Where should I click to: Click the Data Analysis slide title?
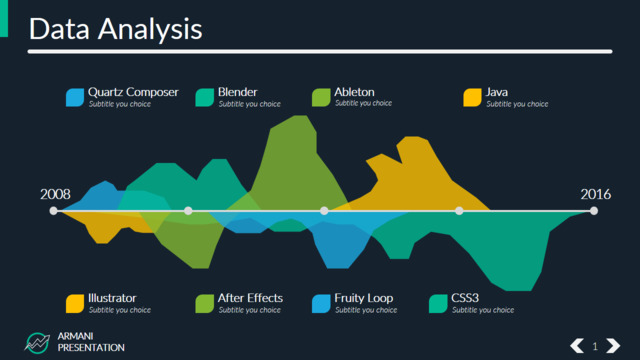116,29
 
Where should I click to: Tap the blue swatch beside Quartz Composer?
75,98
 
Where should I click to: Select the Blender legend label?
238,92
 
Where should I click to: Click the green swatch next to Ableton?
321,98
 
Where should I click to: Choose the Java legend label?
496,92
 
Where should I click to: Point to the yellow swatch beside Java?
473,98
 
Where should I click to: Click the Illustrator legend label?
112,298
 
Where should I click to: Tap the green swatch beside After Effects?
204,304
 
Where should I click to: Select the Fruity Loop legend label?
364,298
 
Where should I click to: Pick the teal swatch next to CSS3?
438,304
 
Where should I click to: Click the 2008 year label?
55,194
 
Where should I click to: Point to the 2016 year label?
596,194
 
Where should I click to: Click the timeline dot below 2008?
53,211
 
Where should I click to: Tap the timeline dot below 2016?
594,211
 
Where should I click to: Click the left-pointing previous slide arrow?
577,346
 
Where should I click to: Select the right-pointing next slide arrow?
613,346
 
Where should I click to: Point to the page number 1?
595,347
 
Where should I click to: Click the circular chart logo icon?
37,342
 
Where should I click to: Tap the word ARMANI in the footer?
76,336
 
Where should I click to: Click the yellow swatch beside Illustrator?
75,304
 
